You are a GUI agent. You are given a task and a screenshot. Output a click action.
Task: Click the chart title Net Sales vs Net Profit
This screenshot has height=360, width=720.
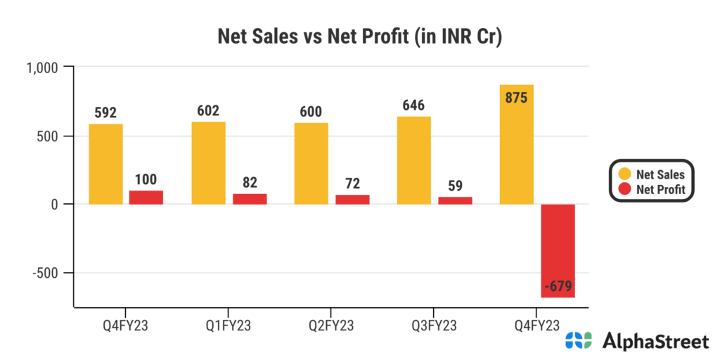359,36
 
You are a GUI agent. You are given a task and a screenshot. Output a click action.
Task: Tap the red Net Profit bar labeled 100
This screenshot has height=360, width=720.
146,197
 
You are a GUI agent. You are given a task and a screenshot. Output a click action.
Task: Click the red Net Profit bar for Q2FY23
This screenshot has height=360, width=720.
352,199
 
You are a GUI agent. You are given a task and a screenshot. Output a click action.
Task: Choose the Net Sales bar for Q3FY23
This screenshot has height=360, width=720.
414,160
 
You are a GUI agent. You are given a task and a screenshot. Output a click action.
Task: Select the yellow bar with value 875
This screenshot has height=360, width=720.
517,144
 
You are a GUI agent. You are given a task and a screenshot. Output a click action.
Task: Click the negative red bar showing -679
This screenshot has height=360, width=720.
558,250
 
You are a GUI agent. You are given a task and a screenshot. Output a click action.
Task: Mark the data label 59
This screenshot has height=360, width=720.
455,186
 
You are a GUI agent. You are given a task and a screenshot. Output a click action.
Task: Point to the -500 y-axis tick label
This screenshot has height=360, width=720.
49,273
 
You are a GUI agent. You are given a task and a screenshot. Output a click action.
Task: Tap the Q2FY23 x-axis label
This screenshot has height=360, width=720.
332,325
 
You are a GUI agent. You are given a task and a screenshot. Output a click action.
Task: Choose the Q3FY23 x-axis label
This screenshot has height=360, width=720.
435,325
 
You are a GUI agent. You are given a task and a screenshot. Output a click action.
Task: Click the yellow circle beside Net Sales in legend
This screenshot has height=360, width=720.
624,174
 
